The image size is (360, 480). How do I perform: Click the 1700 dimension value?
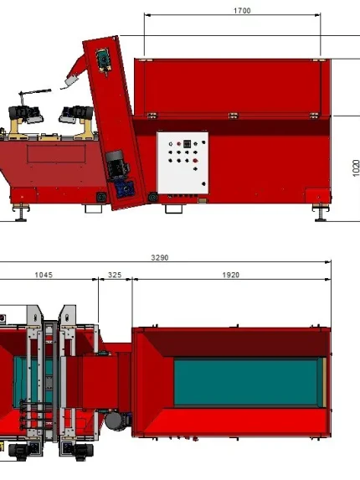coord(242,11)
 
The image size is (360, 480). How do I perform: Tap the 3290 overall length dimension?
coord(160,258)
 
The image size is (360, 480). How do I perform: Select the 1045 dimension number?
coord(44,275)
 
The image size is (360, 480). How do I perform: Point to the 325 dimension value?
coord(115,275)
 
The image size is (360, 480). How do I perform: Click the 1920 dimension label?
coord(230,275)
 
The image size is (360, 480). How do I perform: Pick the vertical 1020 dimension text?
coord(356,168)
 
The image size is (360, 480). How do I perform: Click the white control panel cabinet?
coord(183,163)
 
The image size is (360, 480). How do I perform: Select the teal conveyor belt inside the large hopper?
coord(246,383)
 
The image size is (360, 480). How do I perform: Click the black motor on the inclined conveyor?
coord(117,165)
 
